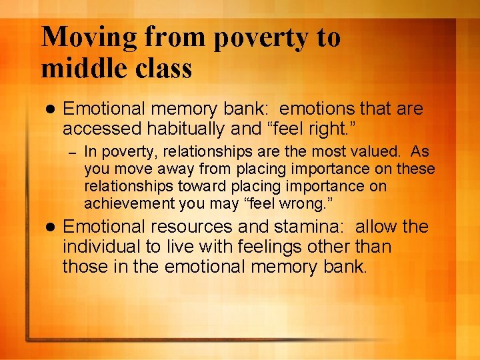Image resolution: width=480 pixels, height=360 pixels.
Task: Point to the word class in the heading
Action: (168, 68)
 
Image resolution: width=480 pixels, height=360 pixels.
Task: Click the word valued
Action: (381, 151)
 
